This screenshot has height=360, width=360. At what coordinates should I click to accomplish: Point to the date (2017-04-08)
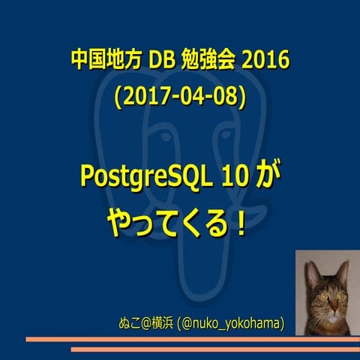(179, 97)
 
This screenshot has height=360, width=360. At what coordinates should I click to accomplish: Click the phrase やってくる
(165, 223)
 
